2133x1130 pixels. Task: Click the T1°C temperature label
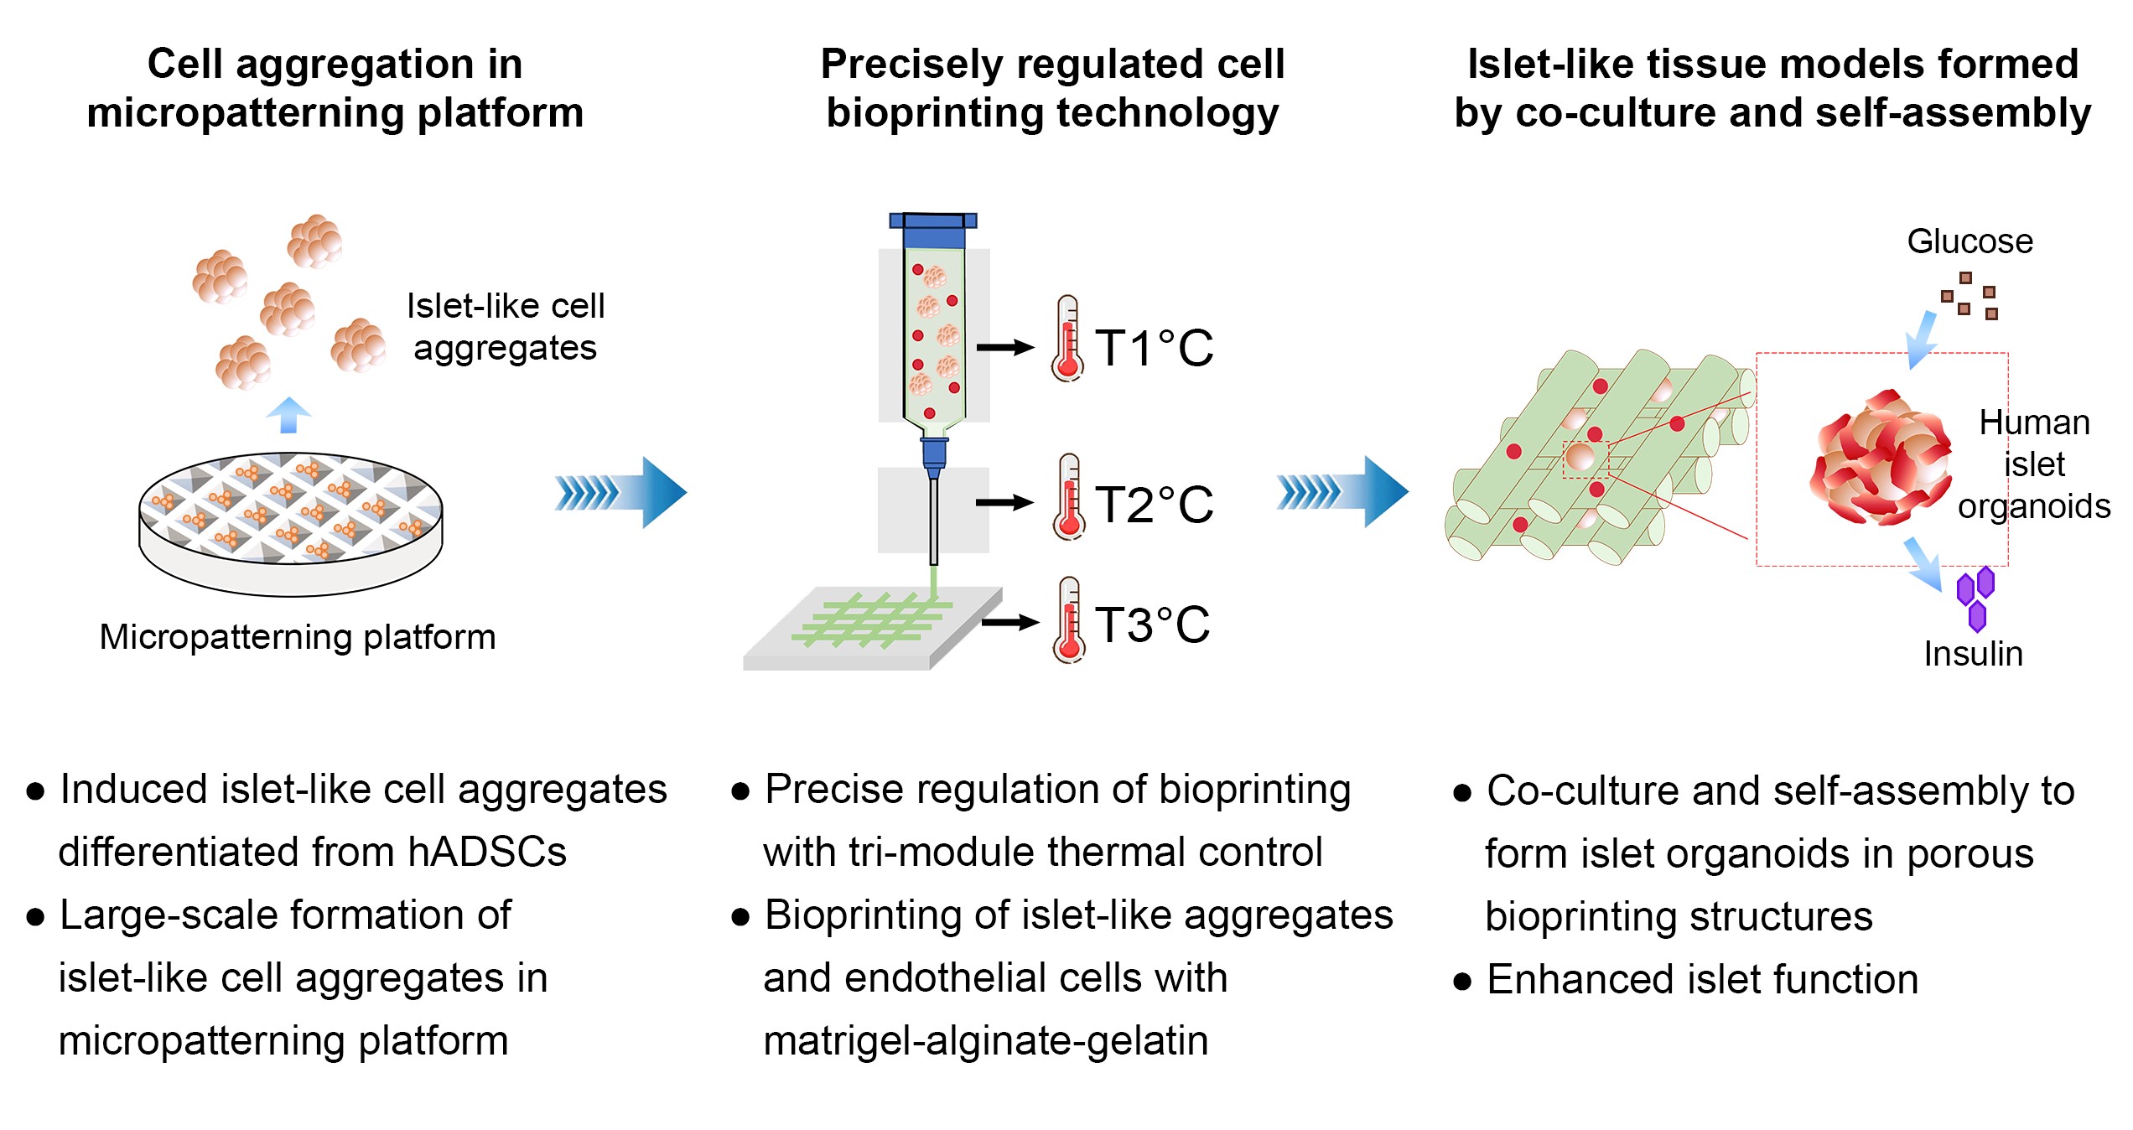[1154, 348]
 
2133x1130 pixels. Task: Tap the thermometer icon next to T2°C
[1069, 497]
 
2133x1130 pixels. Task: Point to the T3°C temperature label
[1152, 625]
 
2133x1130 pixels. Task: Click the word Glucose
[1970, 241]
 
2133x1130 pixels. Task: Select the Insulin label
[1973, 654]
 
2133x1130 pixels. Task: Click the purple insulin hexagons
[1975, 599]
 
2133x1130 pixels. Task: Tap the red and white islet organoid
[1880, 458]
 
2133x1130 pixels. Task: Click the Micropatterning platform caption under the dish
[298, 637]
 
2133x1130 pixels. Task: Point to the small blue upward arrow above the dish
[288, 415]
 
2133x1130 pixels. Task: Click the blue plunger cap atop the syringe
[933, 221]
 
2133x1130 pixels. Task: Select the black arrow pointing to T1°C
[1005, 347]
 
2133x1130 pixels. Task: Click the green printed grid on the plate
[872, 619]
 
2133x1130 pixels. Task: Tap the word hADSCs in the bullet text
[487, 853]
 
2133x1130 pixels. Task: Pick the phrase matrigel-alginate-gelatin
[986, 1041]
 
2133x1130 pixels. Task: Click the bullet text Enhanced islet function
[1703, 979]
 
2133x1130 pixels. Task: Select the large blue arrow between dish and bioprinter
[621, 493]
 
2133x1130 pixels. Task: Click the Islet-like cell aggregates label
[506, 327]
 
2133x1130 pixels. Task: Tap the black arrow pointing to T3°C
[1010, 622]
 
